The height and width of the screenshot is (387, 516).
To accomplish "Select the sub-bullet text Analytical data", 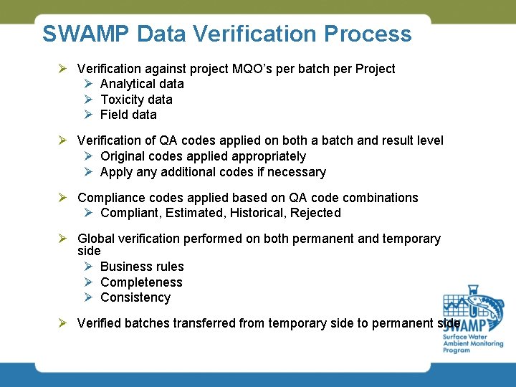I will (x=142, y=84).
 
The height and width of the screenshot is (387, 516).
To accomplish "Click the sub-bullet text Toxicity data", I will (x=136, y=100).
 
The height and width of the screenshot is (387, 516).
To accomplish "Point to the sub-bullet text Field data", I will (x=128, y=115).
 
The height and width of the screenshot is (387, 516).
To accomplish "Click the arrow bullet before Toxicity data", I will (x=87, y=100).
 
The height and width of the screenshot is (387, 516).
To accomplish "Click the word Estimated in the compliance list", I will (x=195, y=213).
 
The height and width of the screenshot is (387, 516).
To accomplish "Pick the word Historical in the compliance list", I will (x=257, y=213).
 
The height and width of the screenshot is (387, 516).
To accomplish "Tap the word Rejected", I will (x=315, y=213).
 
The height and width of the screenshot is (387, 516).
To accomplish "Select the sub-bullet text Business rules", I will (x=142, y=267).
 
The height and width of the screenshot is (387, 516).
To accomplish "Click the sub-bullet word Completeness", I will (x=141, y=282).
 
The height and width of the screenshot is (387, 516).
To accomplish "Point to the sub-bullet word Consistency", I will (x=135, y=297).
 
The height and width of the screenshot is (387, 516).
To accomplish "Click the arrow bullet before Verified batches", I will (x=63, y=323).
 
